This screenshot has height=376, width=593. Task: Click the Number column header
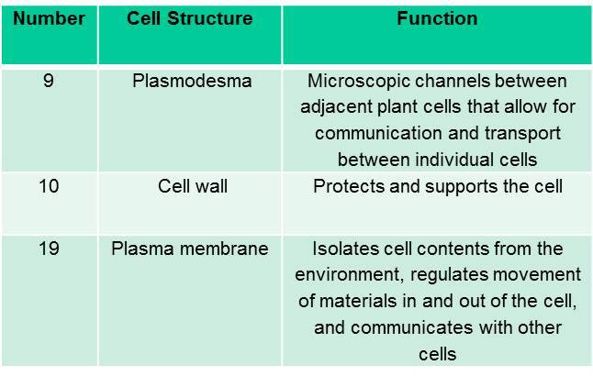pos(49,18)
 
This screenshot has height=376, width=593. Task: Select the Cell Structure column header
pos(189,18)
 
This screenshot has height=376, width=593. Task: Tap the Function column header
pos(437,18)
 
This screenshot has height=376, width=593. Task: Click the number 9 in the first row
pos(49,81)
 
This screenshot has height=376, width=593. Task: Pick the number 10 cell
pos(49,186)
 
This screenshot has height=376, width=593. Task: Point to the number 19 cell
pos(49,249)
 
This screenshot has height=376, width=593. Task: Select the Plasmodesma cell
pos(192,81)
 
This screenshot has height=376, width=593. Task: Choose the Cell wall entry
pos(193,186)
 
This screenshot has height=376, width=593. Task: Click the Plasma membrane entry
pos(190,249)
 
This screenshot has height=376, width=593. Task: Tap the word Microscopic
pos(359,82)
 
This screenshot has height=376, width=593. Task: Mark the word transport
pos(522,134)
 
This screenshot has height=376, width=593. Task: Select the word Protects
pos(348,186)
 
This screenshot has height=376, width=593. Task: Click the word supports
pos(462,187)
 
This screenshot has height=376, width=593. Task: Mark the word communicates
pos(412,328)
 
